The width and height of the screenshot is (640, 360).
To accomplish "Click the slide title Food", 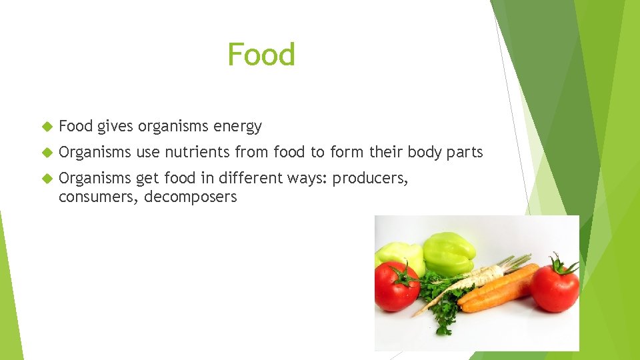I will pyautogui.click(x=261, y=54).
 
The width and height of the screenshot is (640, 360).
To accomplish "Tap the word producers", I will pyautogui.click(x=370, y=179).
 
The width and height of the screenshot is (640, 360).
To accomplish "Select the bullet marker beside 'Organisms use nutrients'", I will pyautogui.click(x=47, y=153).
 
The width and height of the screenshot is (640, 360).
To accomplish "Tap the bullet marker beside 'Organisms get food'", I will pyautogui.click(x=47, y=179).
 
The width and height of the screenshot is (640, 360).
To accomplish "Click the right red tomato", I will pyautogui.click(x=555, y=285).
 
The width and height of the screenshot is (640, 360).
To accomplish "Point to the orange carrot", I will pyautogui.click(x=497, y=288).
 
